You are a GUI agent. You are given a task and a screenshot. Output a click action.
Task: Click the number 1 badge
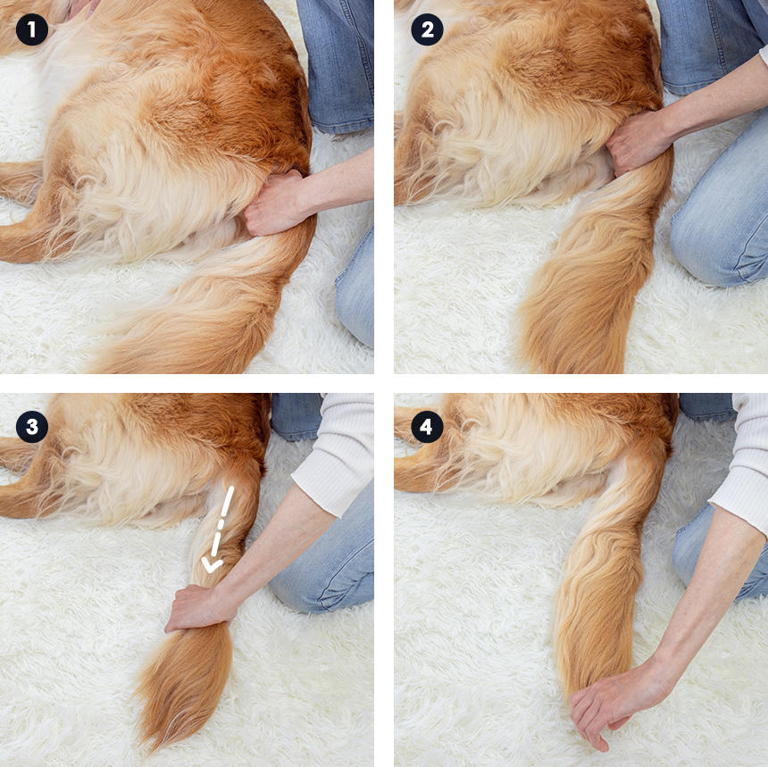point(32,29)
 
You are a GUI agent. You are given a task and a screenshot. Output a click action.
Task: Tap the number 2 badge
point(427,29)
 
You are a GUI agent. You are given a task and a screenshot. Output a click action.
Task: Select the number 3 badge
point(32,427)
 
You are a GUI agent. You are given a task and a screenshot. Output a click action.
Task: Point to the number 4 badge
point(427,427)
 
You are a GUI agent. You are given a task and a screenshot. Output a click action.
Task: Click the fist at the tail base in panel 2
point(637,142)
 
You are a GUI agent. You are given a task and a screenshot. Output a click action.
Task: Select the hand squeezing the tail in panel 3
point(198,607)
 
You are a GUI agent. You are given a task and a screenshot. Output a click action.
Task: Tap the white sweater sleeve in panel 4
point(742,471)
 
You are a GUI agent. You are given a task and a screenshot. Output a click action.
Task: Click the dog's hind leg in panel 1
point(29,235)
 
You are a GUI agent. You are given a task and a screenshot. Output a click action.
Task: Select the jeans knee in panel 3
point(323,563)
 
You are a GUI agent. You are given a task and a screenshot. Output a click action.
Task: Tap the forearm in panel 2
point(715,98)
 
